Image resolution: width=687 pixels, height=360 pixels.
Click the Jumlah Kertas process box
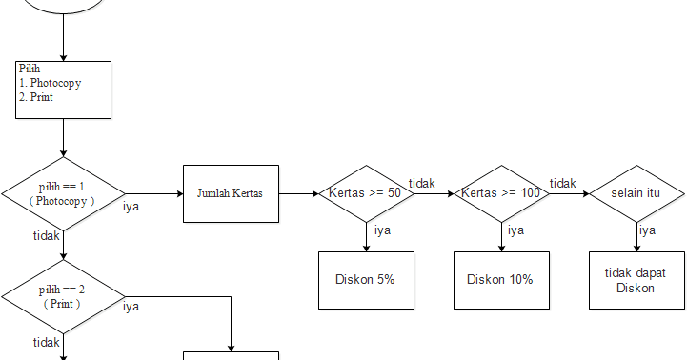231,193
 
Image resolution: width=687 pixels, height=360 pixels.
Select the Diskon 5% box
366,280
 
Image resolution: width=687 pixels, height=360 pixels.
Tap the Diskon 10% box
501,280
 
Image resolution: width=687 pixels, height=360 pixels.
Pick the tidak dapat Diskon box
636,280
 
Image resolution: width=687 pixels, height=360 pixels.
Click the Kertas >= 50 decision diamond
365,193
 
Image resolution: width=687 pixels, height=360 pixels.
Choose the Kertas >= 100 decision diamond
501,193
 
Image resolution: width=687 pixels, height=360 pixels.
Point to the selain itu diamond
636,193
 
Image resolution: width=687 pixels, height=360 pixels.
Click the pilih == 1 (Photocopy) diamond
63,193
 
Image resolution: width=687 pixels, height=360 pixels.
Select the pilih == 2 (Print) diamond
63,296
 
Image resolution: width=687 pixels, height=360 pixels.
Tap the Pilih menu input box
64,90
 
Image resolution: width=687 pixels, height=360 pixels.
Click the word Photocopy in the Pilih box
55,83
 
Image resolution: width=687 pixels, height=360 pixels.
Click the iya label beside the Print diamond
131,307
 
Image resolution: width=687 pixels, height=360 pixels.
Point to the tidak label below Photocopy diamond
47,235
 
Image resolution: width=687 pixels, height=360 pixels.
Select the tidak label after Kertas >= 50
422,183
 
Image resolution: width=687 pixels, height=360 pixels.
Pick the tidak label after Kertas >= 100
563,183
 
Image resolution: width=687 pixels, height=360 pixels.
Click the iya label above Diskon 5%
382,230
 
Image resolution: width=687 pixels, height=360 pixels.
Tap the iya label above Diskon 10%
515,230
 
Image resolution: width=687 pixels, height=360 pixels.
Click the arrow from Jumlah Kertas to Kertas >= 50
299,193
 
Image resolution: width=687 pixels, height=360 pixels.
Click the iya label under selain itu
647,230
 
